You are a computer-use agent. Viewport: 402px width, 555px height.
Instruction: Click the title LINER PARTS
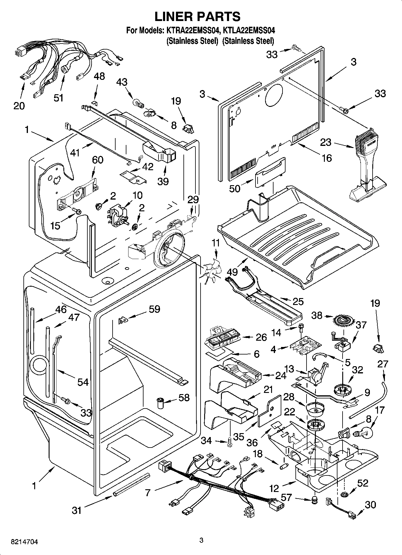(x=197, y=17)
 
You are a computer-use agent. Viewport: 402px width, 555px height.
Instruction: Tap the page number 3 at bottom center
(x=201, y=540)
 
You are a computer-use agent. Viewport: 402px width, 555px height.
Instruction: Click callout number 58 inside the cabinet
(x=184, y=398)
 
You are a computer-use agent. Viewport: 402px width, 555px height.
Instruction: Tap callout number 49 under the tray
(x=233, y=272)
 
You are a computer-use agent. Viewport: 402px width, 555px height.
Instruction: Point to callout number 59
(x=154, y=309)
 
